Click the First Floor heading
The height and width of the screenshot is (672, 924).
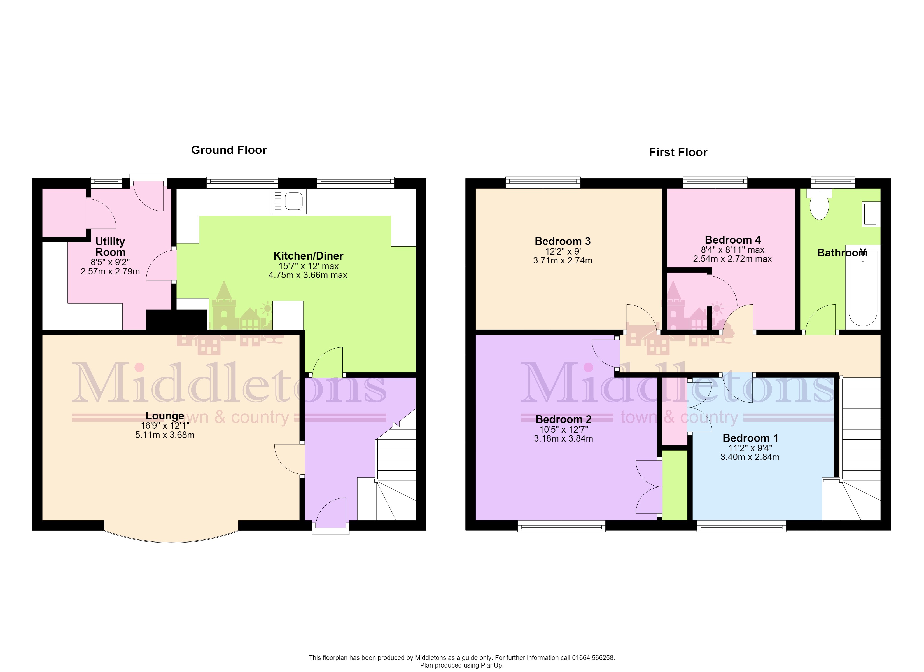tap(678, 152)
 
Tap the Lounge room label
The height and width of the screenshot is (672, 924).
tap(165, 416)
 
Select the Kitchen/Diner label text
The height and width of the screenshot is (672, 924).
tap(308, 256)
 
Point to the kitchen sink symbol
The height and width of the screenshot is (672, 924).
tap(288, 201)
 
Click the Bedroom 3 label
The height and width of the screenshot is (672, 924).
tap(563, 241)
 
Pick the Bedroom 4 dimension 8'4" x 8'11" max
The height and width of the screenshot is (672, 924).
tap(732, 250)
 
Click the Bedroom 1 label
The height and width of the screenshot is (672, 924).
tap(750, 438)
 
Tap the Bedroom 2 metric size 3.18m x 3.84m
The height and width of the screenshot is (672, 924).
tap(563, 438)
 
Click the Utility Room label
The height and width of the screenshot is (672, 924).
tap(110, 247)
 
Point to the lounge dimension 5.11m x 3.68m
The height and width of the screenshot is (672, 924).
tap(165, 435)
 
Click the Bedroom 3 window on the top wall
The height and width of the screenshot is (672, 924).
tap(543, 182)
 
